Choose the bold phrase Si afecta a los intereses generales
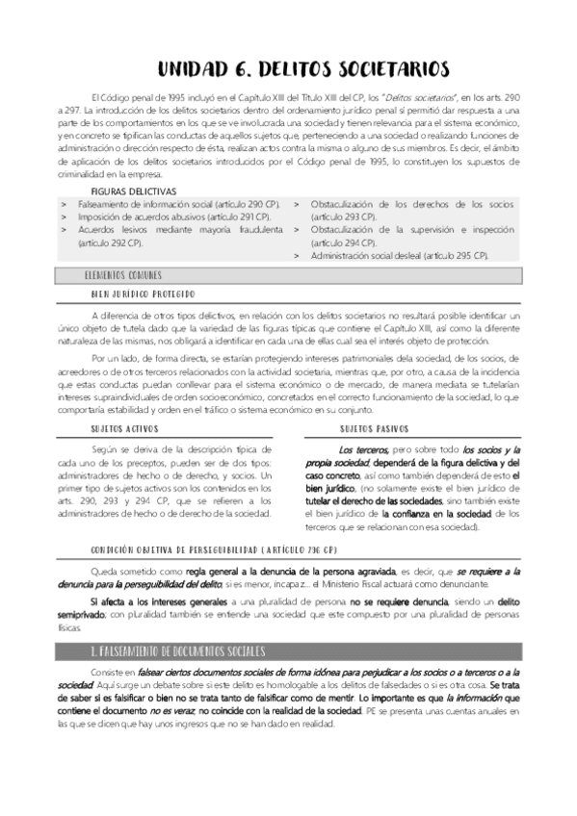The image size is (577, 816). pos(152,600)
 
